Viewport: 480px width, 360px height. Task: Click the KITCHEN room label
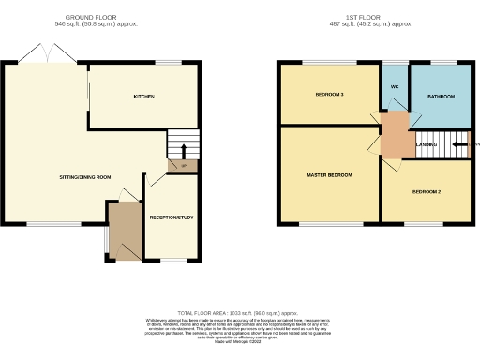pos(143,97)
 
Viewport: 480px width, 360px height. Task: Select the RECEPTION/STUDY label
pos(171,217)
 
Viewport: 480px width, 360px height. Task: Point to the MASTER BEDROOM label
pos(328,175)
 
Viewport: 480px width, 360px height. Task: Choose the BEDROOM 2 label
pos(427,191)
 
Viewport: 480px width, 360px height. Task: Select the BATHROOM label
pos(441,96)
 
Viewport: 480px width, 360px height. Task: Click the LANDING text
pos(427,144)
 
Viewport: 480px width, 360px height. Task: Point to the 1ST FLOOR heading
pos(374,17)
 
